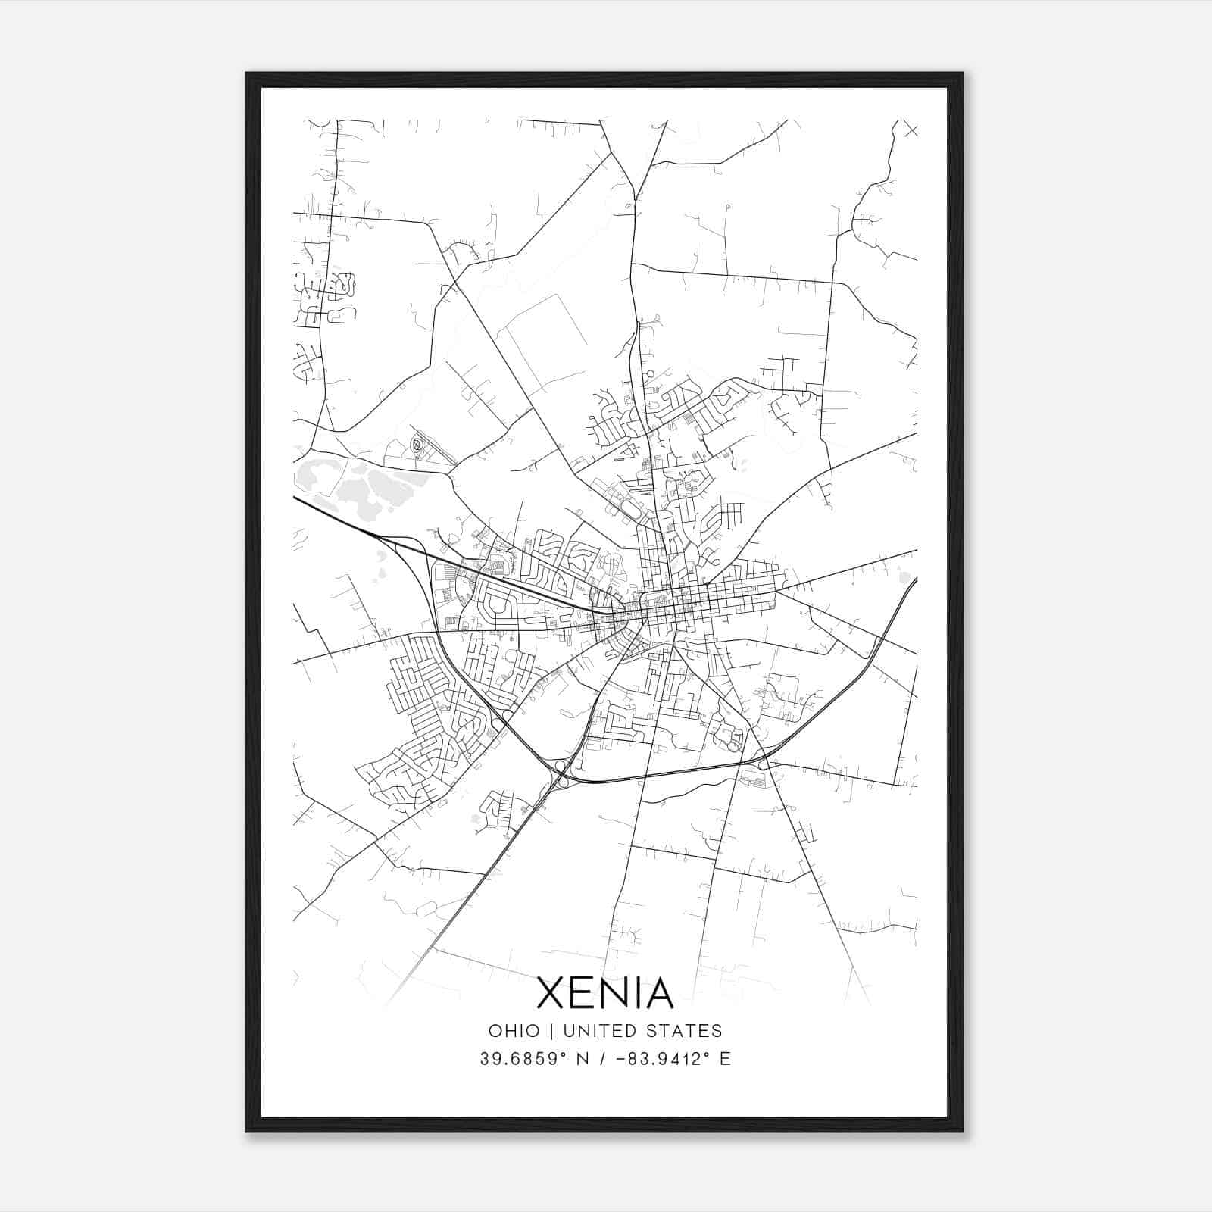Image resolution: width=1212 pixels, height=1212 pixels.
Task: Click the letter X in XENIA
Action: [x=553, y=993]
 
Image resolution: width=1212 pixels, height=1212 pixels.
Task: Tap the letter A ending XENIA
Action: [x=657, y=993]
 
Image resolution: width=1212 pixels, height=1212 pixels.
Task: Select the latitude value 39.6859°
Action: [x=523, y=1059]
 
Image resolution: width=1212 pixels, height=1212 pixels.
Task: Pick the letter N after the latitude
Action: [x=583, y=1059]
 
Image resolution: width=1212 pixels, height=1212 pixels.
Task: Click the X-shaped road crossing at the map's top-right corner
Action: [x=911, y=130]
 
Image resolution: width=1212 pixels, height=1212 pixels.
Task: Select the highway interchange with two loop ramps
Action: [x=562, y=773]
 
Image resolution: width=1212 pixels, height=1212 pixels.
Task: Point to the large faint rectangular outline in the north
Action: [x=539, y=343]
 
